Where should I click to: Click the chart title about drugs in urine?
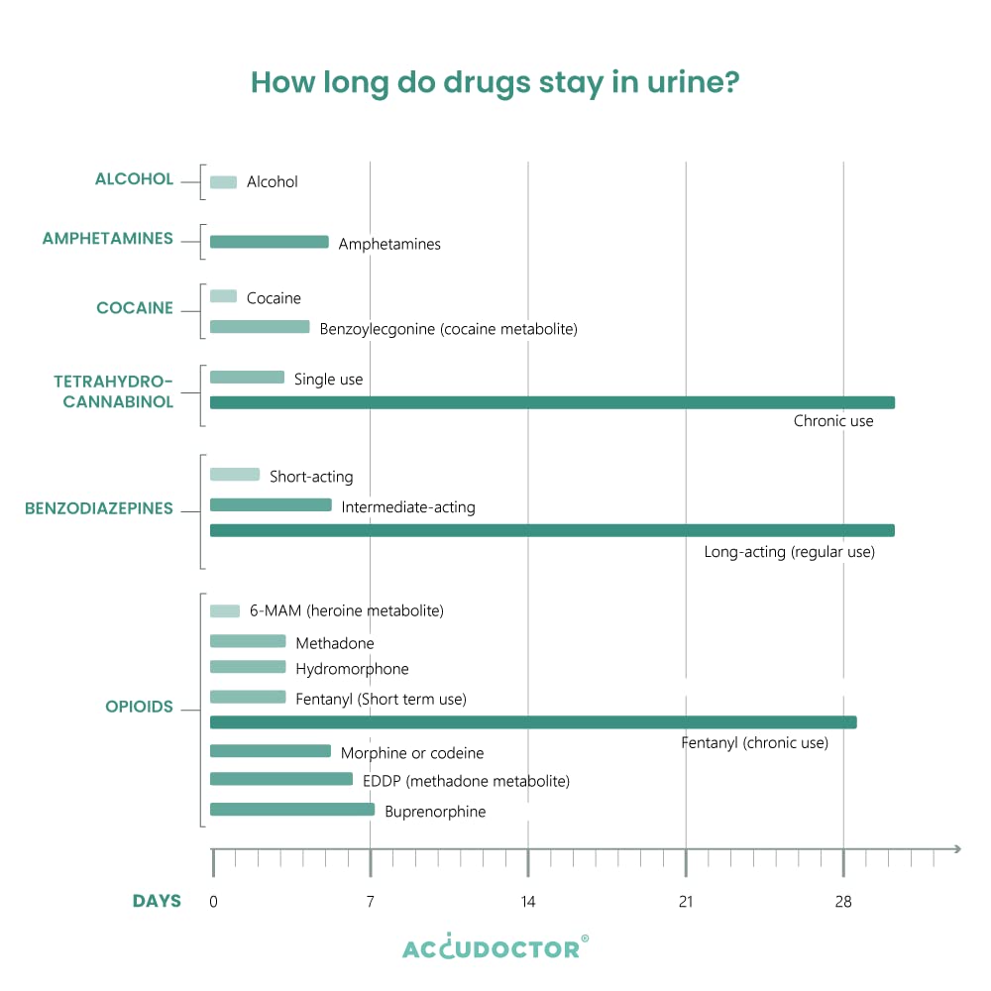coord(495,82)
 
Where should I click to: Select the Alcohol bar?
coord(223,182)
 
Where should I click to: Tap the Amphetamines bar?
coord(269,242)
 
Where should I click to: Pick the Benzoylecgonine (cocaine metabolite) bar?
coord(260,327)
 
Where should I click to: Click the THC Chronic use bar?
coord(552,402)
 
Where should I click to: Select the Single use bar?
coord(247,378)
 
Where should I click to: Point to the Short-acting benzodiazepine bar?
coord(235,475)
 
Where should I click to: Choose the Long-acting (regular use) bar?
coord(552,530)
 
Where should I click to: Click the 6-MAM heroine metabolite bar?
coord(225,611)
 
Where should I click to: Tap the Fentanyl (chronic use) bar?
coord(533,721)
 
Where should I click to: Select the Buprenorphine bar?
coord(292,810)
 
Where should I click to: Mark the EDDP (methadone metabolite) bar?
coord(281,779)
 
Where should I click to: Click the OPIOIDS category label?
coord(140,708)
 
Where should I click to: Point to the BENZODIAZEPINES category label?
coord(99,508)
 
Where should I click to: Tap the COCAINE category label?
coord(135,308)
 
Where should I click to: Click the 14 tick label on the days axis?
coord(528,902)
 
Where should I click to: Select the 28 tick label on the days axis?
coord(843,902)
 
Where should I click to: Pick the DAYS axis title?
coord(158,902)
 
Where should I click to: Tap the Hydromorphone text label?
coord(352,669)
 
